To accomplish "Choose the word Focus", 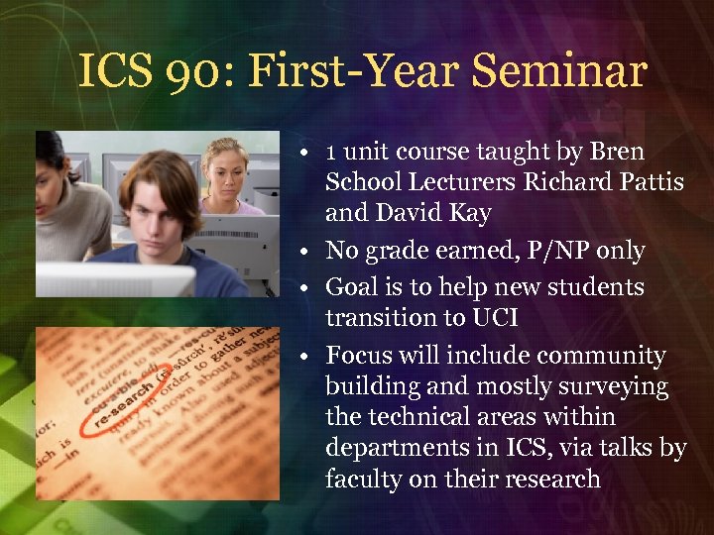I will click(358, 355).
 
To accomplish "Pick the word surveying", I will click(608, 386).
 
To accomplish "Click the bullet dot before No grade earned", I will click(310, 252).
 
